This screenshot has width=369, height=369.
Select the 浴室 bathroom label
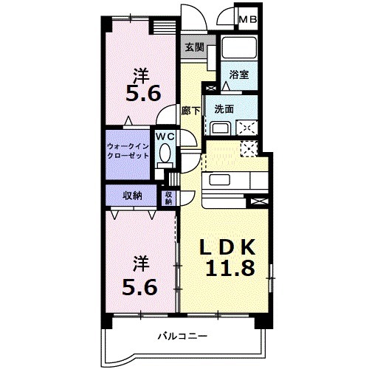tap(238, 75)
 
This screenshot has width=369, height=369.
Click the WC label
tap(164, 137)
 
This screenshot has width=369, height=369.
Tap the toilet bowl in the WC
tap(165, 156)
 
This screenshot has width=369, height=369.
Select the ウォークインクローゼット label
tap(128, 151)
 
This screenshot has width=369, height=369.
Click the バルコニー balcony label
tap(182, 337)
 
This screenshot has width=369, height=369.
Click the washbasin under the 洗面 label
tap(221, 127)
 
